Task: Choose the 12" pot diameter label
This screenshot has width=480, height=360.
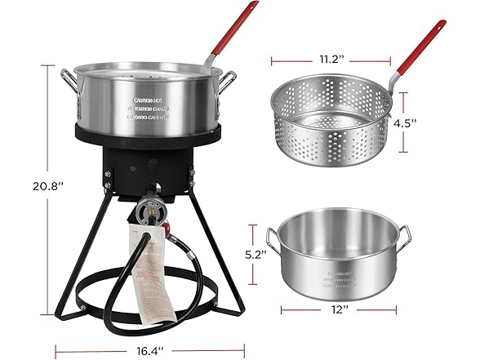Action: pos(341,310)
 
